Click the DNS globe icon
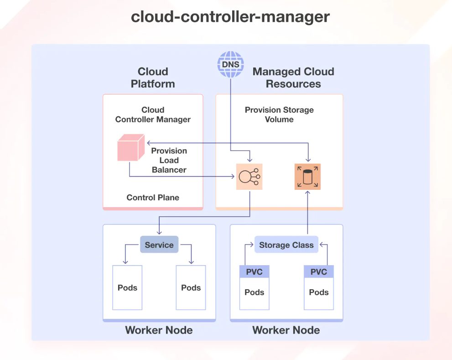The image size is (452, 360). (x=231, y=64)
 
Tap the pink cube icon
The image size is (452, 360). (x=130, y=148)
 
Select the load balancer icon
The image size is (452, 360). (x=249, y=177)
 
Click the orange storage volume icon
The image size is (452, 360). (x=307, y=177)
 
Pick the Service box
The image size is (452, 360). (x=159, y=245)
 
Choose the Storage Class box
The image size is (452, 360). (x=286, y=245)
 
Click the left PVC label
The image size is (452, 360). (x=255, y=272)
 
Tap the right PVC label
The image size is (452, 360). (x=319, y=272)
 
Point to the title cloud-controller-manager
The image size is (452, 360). (x=230, y=17)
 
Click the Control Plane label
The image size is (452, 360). (x=153, y=198)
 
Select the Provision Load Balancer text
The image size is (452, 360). (x=169, y=160)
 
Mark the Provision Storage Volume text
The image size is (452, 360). (x=279, y=115)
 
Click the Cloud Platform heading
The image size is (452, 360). (x=153, y=78)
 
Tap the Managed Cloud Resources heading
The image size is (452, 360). (x=293, y=78)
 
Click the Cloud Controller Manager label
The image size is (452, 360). (x=153, y=115)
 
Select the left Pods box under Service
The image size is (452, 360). (x=127, y=287)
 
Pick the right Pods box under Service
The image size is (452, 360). (x=191, y=287)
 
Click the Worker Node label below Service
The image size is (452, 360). (x=159, y=330)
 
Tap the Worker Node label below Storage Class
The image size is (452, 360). (x=286, y=330)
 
